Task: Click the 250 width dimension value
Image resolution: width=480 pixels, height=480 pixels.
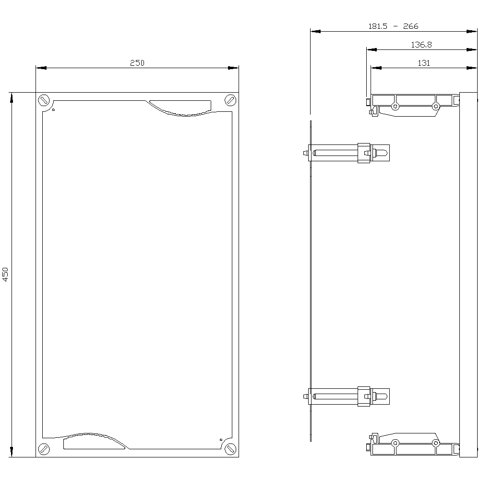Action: [137, 62]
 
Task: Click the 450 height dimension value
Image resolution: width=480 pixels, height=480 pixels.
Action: [6, 274]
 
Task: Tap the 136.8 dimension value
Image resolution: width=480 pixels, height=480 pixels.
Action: [421, 45]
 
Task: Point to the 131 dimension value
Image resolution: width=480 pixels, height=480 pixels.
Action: [423, 63]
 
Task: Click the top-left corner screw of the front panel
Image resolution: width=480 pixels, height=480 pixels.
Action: [44, 100]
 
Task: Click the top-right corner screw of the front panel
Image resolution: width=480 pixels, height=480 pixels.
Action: [230, 100]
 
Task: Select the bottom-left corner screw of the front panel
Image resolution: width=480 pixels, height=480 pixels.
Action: [44, 449]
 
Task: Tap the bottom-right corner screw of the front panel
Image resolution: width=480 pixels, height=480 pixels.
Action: [230, 449]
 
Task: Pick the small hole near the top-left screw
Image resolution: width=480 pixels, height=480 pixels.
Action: [53, 110]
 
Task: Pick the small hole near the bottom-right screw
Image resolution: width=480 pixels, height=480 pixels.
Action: [221, 439]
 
